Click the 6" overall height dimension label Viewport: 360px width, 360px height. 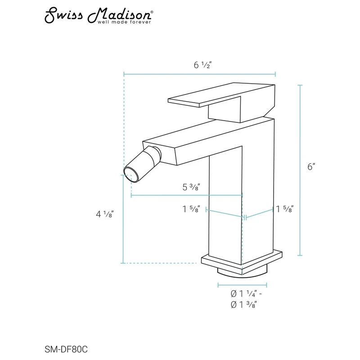tap(311, 166)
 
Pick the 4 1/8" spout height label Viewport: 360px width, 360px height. tap(104, 214)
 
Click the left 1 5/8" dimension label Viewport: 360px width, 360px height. tap(191, 209)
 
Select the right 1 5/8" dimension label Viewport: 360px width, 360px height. tap(284, 209)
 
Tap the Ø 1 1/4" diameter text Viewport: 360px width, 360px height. tap(245, 294)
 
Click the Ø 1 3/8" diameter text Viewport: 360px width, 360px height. tap(245, 305)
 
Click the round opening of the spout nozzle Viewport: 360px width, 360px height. tap(129, 173)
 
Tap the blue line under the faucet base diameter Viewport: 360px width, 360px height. tap(243, 285)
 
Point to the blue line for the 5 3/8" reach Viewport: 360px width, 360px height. tap(187, 195)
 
